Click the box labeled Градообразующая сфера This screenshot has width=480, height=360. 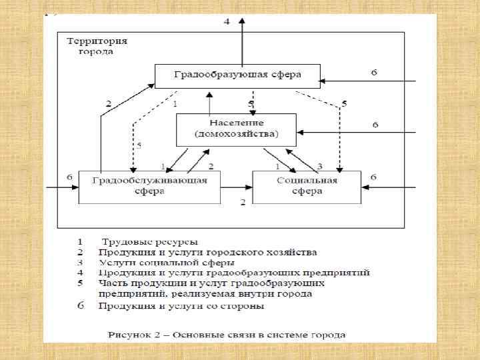[237, 75]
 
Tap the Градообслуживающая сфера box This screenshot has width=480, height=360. [149, 186]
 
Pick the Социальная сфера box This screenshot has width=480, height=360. [307, 186]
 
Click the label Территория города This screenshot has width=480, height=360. [97, 46]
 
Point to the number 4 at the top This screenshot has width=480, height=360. [226, 22]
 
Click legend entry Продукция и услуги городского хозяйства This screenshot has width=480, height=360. [207, 253]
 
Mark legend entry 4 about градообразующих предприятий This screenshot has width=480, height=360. [233, 273]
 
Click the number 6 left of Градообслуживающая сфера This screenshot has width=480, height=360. [69, 177]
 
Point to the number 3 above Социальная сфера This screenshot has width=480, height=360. [320, 165]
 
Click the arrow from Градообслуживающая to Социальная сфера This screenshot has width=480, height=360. [236, 187]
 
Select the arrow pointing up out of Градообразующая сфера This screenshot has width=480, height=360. [243, 40]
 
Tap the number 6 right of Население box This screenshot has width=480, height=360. [375, 125]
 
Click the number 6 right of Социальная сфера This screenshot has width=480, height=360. [374, 177]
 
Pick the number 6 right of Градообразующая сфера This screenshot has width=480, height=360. [374, 72]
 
